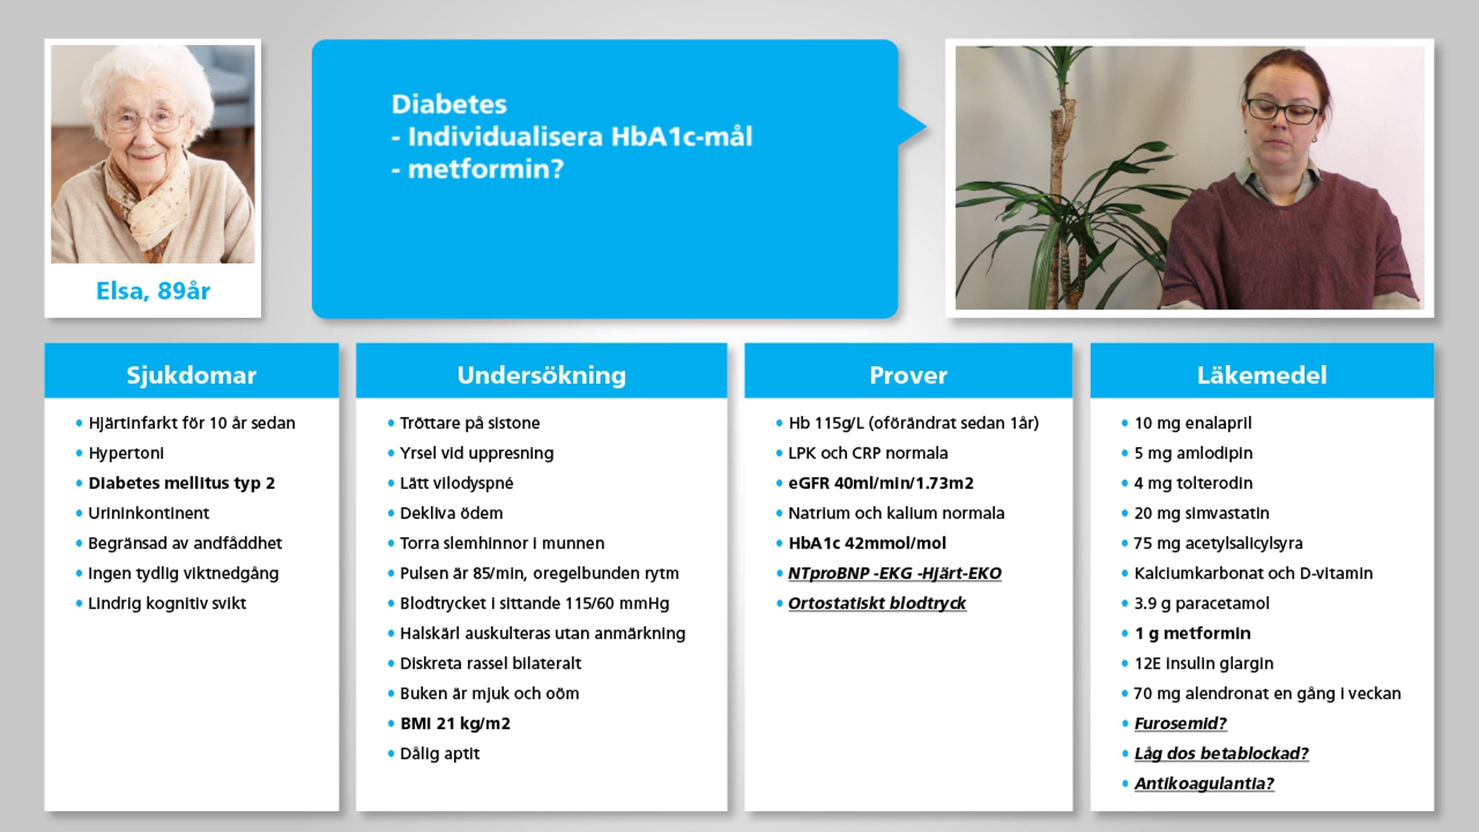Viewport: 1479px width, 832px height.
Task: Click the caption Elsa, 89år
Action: tap(153, 291)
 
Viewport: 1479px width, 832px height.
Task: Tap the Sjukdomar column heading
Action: tap(192, 375)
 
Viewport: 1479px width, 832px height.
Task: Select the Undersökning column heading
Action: tap(542, 375)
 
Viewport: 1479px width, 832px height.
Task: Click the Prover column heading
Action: tap(908, 375)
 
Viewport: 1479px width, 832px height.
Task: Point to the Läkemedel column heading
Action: tap(1262, 375)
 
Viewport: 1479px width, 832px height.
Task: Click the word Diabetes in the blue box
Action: tap(449, 104)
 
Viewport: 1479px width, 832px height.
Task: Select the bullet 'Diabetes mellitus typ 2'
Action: tap(182, 483)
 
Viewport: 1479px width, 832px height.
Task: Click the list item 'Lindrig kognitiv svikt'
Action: tap(167, 603)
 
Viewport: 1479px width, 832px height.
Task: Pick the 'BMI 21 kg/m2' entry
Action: tap(455, 724)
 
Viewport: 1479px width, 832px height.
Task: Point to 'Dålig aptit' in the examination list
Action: tap(439, 754)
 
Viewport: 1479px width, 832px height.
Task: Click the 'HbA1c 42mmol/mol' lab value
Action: tap(867, 543)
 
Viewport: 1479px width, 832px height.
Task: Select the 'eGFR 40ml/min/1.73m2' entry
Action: tap(881, 483)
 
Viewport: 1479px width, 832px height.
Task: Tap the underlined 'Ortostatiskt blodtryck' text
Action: tap(877, 603)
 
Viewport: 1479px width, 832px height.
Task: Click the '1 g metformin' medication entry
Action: tap(1192, 634)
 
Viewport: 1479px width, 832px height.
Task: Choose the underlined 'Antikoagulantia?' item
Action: tap(1204, 784)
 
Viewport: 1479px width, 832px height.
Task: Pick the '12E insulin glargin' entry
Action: tap(1204, 664)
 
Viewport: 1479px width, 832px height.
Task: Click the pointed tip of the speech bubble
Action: tap(926, 128)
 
